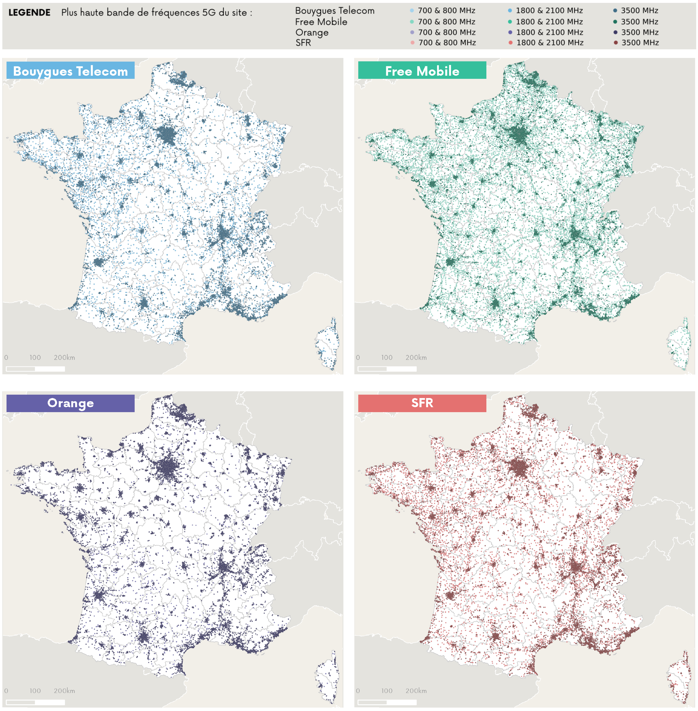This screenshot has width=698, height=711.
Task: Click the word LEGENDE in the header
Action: click(x=29, y=13)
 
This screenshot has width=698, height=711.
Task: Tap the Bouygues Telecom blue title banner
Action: click(x=70, y=70)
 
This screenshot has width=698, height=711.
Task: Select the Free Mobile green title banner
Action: click(x=422, y=70)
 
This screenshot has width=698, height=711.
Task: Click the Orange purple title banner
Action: click(x=70, y=403)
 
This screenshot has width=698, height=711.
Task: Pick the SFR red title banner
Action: click(x=422, y=403)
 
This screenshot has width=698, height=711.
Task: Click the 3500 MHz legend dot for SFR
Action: click(x=616, y=43)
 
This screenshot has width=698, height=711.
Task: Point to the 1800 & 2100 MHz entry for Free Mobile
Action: click(x=549, y=22)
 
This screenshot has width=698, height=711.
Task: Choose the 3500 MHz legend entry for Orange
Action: click(x=639, y=32)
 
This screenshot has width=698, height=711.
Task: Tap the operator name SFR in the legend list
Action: click(x=303, y=43)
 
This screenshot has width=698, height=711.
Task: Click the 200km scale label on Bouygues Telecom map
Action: click(x=64, y=357)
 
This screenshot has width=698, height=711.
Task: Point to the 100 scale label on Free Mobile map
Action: click(x=386, y=357)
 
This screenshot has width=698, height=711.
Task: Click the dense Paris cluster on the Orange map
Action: click(x=167, y=469)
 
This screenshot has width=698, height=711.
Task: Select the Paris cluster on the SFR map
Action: click(x=519, y=467)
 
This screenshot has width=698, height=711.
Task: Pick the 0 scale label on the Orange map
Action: click(x=6, y=690)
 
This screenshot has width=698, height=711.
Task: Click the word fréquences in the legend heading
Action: click(x=175, y=13)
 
